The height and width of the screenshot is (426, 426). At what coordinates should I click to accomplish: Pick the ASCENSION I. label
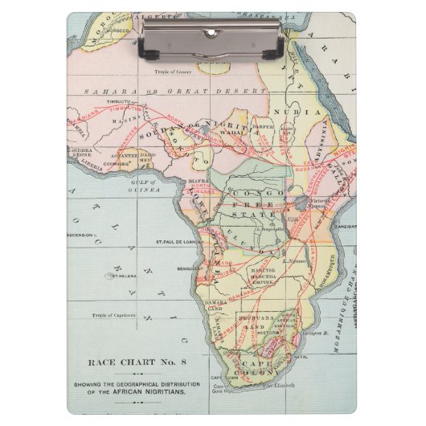point(82,236)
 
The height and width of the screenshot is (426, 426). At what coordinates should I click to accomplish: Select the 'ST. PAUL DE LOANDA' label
point(177,240)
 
